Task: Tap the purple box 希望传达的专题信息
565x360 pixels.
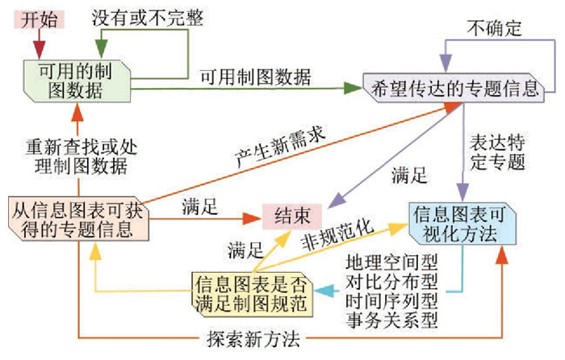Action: pyautogui.click(x=456, y=87)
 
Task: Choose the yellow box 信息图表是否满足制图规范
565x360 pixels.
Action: pyautogui.click(x=252, y=293)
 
